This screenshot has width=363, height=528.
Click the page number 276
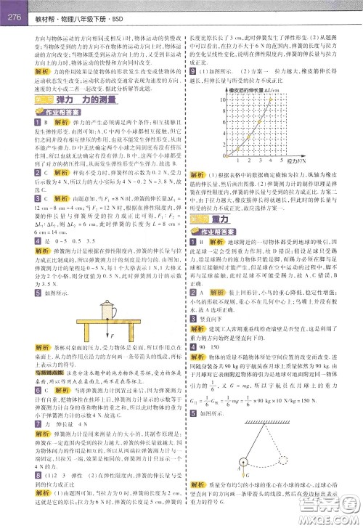(x=12, y=8)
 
